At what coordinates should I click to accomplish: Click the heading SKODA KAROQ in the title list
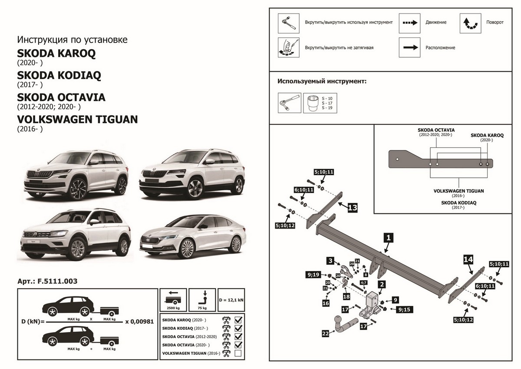tap(56, 54)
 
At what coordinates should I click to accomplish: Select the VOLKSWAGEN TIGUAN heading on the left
tap(77, 119)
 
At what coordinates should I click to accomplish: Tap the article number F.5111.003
tap(47, 281)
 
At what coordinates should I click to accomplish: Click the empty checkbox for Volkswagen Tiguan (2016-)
tap(238, 354)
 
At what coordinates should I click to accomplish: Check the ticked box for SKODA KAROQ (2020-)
tap(238, 320)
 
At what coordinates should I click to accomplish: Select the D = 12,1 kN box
tap(231, 300)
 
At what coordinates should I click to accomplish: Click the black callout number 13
tap(352, 208)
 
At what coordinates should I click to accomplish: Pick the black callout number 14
tap(468, 260)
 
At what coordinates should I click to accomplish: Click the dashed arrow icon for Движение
tap(409, 22)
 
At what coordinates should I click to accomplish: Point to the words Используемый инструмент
tap(322, 81)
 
